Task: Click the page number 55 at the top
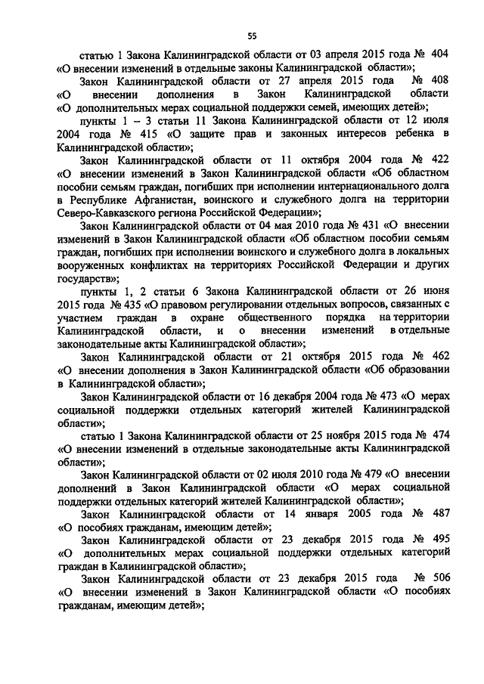(253, 33)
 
